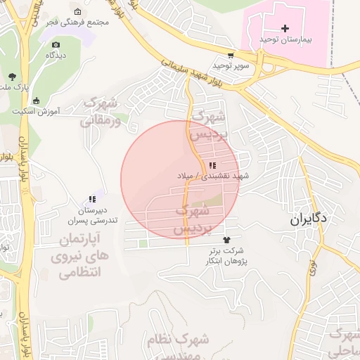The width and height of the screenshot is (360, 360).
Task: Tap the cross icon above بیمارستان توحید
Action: pos(284,29)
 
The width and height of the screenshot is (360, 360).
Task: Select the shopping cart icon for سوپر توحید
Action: pos(231,55)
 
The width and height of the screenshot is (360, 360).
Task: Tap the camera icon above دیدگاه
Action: pos(56,44)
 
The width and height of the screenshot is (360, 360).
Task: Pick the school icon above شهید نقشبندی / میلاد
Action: pos(212,166)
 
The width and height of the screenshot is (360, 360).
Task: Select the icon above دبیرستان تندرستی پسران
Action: pos(91,200)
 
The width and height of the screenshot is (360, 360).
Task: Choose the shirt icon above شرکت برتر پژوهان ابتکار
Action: pos(226,240)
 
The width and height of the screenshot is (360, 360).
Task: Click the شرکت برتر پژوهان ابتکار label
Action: pos(226,255)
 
